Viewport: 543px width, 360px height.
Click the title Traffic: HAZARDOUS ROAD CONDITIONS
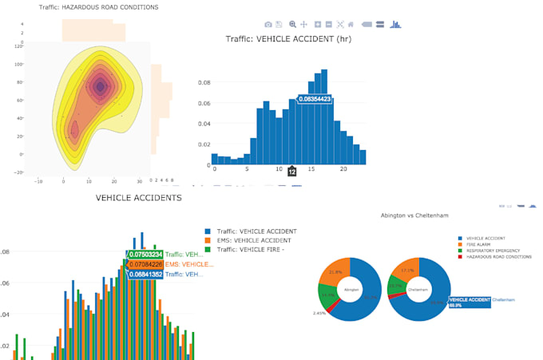[99, 7]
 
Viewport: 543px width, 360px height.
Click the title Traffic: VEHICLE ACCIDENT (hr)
[288, 38]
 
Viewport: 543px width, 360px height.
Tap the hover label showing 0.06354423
[315, 99]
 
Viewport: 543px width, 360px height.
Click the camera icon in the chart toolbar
[267, 24]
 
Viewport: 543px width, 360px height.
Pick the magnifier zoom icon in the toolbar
[292, 24]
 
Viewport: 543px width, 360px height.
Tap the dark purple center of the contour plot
[100, 86]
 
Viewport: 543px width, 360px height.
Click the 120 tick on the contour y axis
[18, 46]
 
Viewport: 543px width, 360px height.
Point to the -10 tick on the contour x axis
[38, 181]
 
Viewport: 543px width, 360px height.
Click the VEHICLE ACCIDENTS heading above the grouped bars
[139, 197]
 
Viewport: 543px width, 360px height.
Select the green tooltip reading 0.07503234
[146, 254]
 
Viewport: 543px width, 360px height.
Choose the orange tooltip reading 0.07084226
[146, 264]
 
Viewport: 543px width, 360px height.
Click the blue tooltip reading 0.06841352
[146, 275]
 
